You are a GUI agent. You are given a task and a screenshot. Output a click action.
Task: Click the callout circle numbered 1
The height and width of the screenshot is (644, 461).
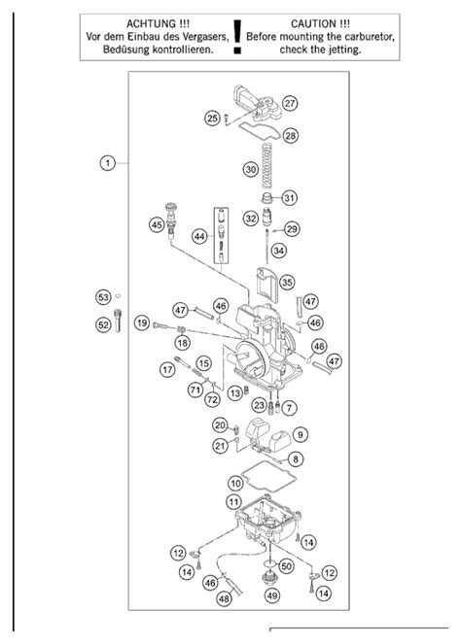[108, 163]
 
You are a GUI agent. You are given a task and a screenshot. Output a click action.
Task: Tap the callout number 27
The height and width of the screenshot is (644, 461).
[290, 103]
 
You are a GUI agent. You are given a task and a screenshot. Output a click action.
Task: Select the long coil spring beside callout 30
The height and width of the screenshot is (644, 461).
[267, 165]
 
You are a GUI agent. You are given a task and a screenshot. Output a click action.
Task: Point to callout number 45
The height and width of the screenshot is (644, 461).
[157, 224]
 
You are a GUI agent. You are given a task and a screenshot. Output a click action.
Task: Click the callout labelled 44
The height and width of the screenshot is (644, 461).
[199, 237]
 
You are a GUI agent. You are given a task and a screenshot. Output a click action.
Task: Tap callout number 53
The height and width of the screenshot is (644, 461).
[103, 297]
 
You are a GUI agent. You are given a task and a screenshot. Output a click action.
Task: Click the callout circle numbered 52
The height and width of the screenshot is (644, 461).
[103, 324]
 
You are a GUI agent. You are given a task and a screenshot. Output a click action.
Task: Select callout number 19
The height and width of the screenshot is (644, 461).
[142, 322]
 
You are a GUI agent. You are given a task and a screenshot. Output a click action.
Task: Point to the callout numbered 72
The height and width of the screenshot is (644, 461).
[212, 399]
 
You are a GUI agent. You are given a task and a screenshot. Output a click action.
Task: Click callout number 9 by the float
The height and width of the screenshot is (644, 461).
[301, 434]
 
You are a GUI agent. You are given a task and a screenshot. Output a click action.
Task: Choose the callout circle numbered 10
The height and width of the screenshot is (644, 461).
[235, 483]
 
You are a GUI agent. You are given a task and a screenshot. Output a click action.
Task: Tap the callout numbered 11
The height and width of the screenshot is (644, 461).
[233, 501]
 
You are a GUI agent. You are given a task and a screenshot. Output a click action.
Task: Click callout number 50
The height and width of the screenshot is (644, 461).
[287, 566]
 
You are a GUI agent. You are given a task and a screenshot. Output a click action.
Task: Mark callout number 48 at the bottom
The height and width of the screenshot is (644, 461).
[224, 598]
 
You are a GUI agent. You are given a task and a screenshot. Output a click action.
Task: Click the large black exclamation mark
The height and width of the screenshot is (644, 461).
[237, 36]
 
